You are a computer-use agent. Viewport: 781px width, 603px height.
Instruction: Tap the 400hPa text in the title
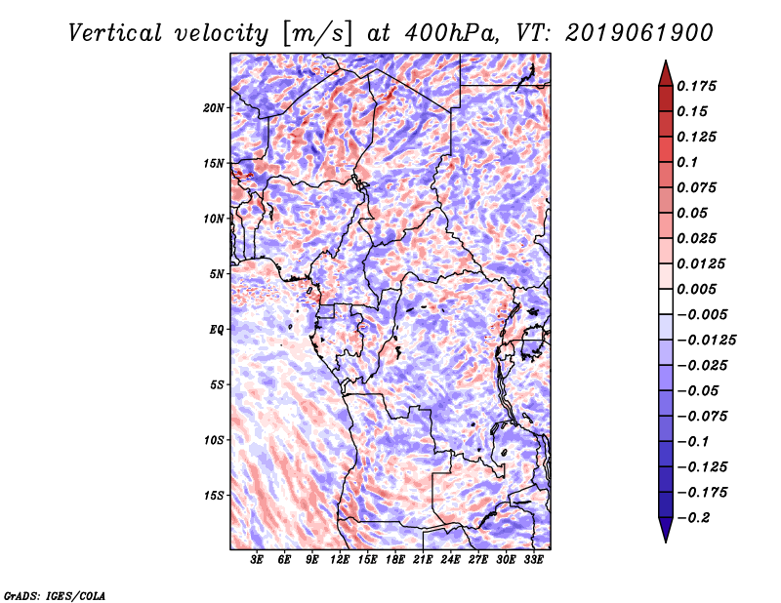[445, 32]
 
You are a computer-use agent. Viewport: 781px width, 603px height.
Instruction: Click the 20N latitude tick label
[214, 107]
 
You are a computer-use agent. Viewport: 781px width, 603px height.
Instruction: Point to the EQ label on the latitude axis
[217, 329]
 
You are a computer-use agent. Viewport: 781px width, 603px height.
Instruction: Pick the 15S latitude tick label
[214, 495]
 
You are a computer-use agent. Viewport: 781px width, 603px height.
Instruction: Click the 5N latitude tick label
[217, 273]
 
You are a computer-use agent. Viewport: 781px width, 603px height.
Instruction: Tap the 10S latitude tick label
[214, 440]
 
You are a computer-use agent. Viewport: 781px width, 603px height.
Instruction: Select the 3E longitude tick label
[258, 560]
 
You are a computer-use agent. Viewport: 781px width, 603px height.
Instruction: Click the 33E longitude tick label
[533, 560]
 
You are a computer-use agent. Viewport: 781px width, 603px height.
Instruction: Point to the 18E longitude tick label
[395, 560]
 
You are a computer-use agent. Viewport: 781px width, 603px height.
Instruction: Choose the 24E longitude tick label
[450, 560]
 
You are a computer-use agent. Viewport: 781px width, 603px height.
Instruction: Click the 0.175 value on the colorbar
[699, 86]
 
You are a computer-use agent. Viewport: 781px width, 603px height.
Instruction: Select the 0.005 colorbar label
[699, 290]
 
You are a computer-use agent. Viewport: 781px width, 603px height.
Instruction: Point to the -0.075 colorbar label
[705, 416]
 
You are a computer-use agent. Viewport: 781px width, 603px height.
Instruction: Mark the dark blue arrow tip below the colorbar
[665, 534]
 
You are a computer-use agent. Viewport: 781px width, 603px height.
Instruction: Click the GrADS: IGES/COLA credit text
[54, 594]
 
